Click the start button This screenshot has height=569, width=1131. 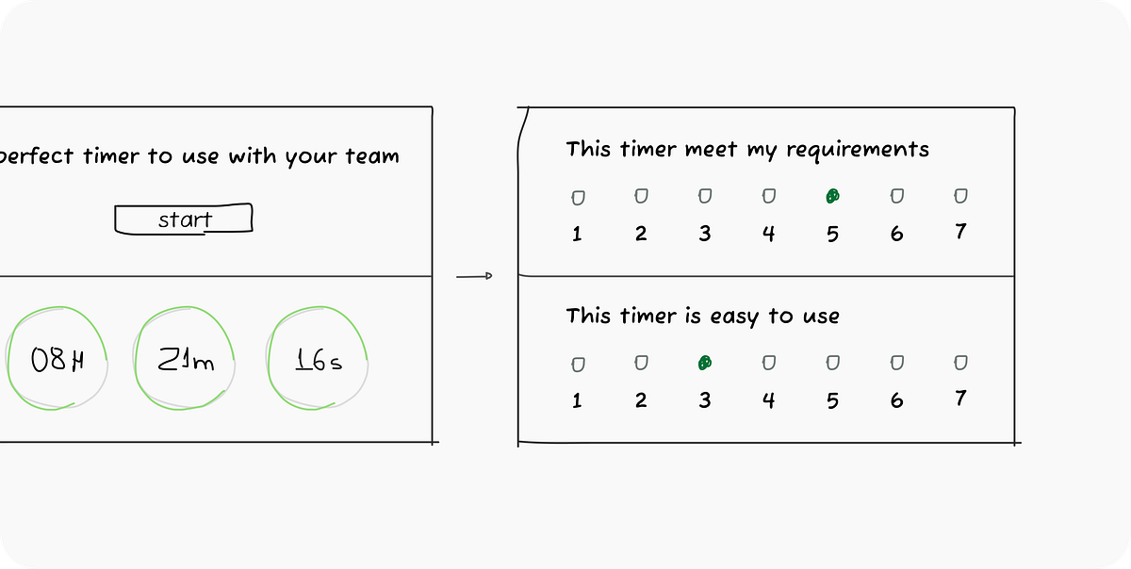pyautogui.click(x=184, y=219)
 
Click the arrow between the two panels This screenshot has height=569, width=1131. pyautogui.click(x=474, y=276)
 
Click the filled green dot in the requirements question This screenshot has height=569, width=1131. pyautogui.click(x=832, y=196)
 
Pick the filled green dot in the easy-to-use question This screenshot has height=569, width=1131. pyautogui.click(x=705, y=363)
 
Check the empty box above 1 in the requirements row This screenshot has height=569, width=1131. pyautogui.click(x=578, y=198)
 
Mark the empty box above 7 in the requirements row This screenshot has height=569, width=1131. pyautogui.click(x=960, y=196)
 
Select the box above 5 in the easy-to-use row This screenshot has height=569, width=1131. pyautogui.click(x=832, y=363)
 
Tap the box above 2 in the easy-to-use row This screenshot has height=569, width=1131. pyautogui.click(x=641, y=363)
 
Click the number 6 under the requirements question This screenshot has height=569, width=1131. pyautogui.click(x=896, y=234)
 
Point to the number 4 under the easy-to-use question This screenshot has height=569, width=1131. pyautogui.click(x=768, y=400)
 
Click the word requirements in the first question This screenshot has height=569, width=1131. pyautogui.click(x=858, y=150)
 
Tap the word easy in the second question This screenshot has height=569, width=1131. pyautogui.click(x=734, y=317)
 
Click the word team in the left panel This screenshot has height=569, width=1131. pyautogui.click(x=372, y=155)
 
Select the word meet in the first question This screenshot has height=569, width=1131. pyautogui.click(x=711, y=149)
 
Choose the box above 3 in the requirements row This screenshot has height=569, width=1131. pyautogui.click(x=705, y=196)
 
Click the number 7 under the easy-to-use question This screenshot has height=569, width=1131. pyautogui.click(x=960, y=398)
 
